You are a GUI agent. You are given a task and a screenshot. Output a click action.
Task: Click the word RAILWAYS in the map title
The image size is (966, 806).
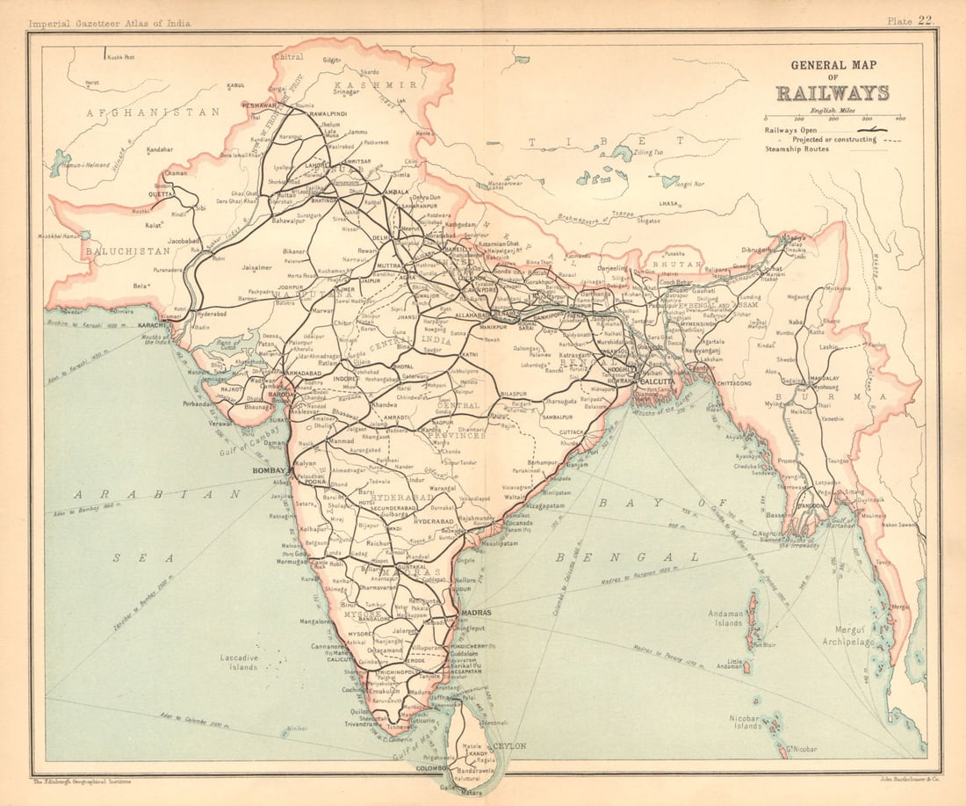832,93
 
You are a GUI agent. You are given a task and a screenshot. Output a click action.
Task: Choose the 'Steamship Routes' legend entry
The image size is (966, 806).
797,149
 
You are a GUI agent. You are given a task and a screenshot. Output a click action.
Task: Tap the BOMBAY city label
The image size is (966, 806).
270,471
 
